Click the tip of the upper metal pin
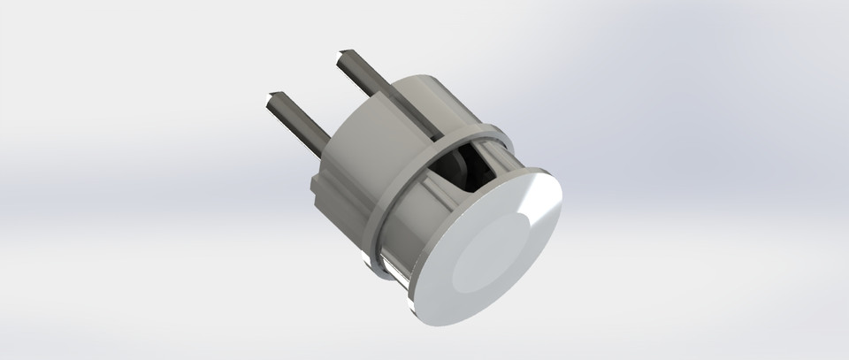[341, 59]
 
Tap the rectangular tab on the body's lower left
[317, 187]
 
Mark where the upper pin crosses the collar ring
[440, 137]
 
